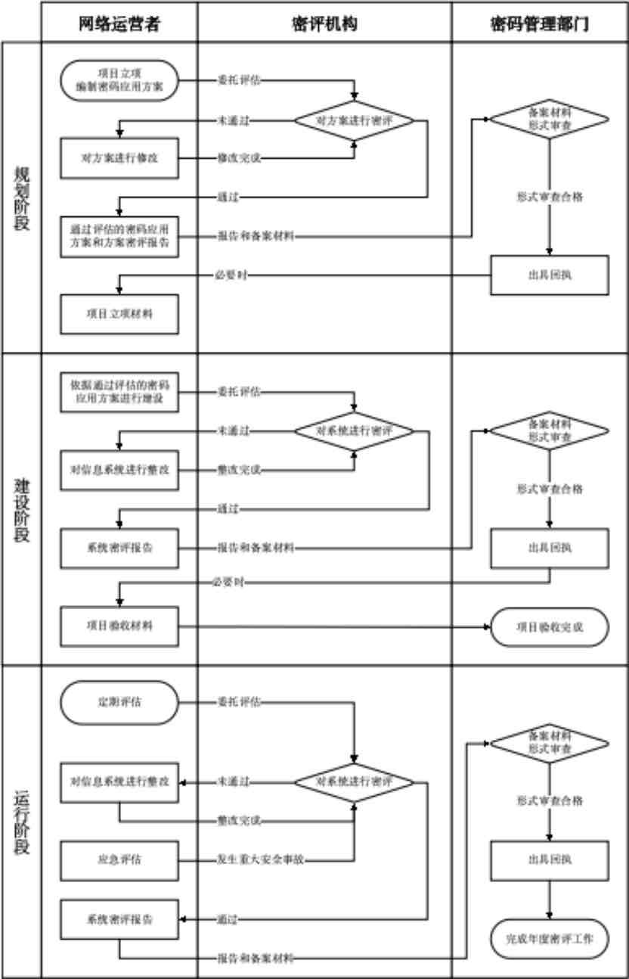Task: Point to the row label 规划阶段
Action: [22, 198]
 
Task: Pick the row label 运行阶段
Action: [22, 822]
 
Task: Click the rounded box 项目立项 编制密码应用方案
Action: [119, 80]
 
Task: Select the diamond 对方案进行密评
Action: [354, 120]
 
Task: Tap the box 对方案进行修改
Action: [119, 157]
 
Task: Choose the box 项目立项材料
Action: [119, 314]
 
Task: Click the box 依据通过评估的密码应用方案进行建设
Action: [119, 392]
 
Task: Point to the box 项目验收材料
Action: [119, 626]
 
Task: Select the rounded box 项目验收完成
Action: [550, 626]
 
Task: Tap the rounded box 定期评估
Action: [119, 701]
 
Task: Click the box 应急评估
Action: [119, 859]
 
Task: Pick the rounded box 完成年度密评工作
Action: [550, 939]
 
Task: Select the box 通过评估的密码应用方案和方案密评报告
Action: [119, 236]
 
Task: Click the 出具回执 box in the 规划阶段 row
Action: [550, 275]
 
